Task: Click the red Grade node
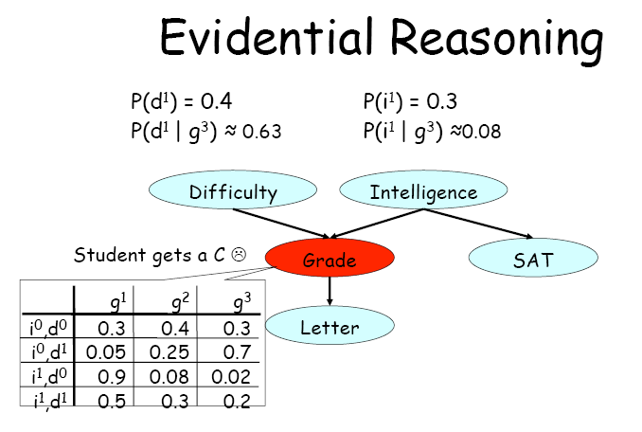click(x=329, y=260)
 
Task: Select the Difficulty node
click(x=233, y=192)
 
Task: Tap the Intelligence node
click(x=423, y=192)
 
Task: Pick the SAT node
click(x=532, y=259)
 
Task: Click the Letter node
click(x=330, y=328)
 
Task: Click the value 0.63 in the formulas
click(x=261, y=132)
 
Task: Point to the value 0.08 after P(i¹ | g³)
click(x=483, y=132)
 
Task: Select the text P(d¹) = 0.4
click(x=181, y=101)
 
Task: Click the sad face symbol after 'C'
click(x=240, y=254)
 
